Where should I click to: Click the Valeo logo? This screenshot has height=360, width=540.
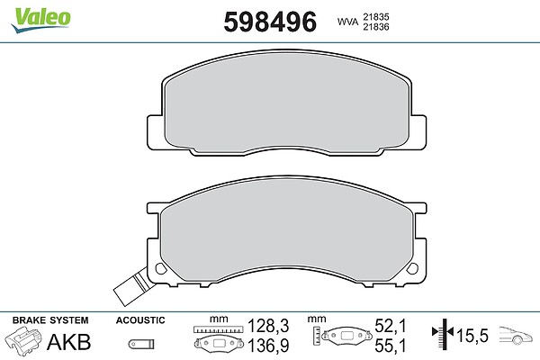point(40,20)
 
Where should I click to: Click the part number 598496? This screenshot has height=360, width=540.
point(270,22)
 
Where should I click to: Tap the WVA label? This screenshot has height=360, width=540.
point(347,22)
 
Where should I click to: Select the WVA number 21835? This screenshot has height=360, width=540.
point(376,17)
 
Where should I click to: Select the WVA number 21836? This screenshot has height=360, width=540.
point(376,27)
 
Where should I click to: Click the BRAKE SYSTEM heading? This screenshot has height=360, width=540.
point(50,320)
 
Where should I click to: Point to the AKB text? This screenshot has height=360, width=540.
point(69,342)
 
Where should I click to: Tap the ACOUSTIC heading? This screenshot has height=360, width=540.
point(140,320)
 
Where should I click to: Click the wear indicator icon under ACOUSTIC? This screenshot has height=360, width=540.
point(141,344)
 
